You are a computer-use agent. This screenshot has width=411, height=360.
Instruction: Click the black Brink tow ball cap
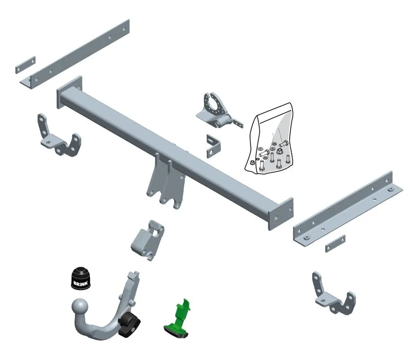point(81,278)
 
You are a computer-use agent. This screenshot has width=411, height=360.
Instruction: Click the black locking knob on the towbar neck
point(129,324)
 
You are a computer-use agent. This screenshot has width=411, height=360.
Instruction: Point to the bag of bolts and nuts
point(269,138)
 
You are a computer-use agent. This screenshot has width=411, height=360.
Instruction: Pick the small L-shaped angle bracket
point(213,146)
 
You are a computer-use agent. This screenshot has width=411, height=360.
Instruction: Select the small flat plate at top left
point(25,65)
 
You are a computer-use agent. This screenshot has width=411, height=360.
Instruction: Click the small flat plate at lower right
point(335,243)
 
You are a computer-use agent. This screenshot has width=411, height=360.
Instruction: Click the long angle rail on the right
point(348,209)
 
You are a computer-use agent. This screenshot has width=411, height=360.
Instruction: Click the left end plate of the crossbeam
point(69,92)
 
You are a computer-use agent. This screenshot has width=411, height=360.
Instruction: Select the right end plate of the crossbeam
point(281,214)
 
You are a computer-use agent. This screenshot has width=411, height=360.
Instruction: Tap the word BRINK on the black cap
point(80,283)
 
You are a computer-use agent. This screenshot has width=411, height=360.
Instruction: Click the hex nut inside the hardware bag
point(279,151)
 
